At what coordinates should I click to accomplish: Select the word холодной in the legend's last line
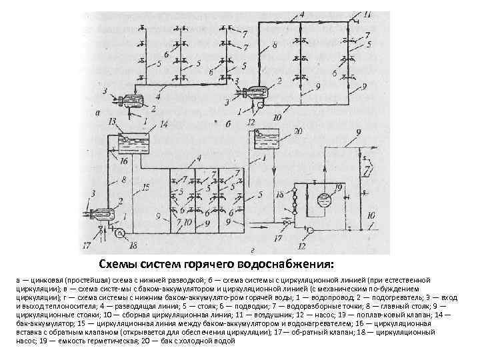(x=201, y=341)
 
